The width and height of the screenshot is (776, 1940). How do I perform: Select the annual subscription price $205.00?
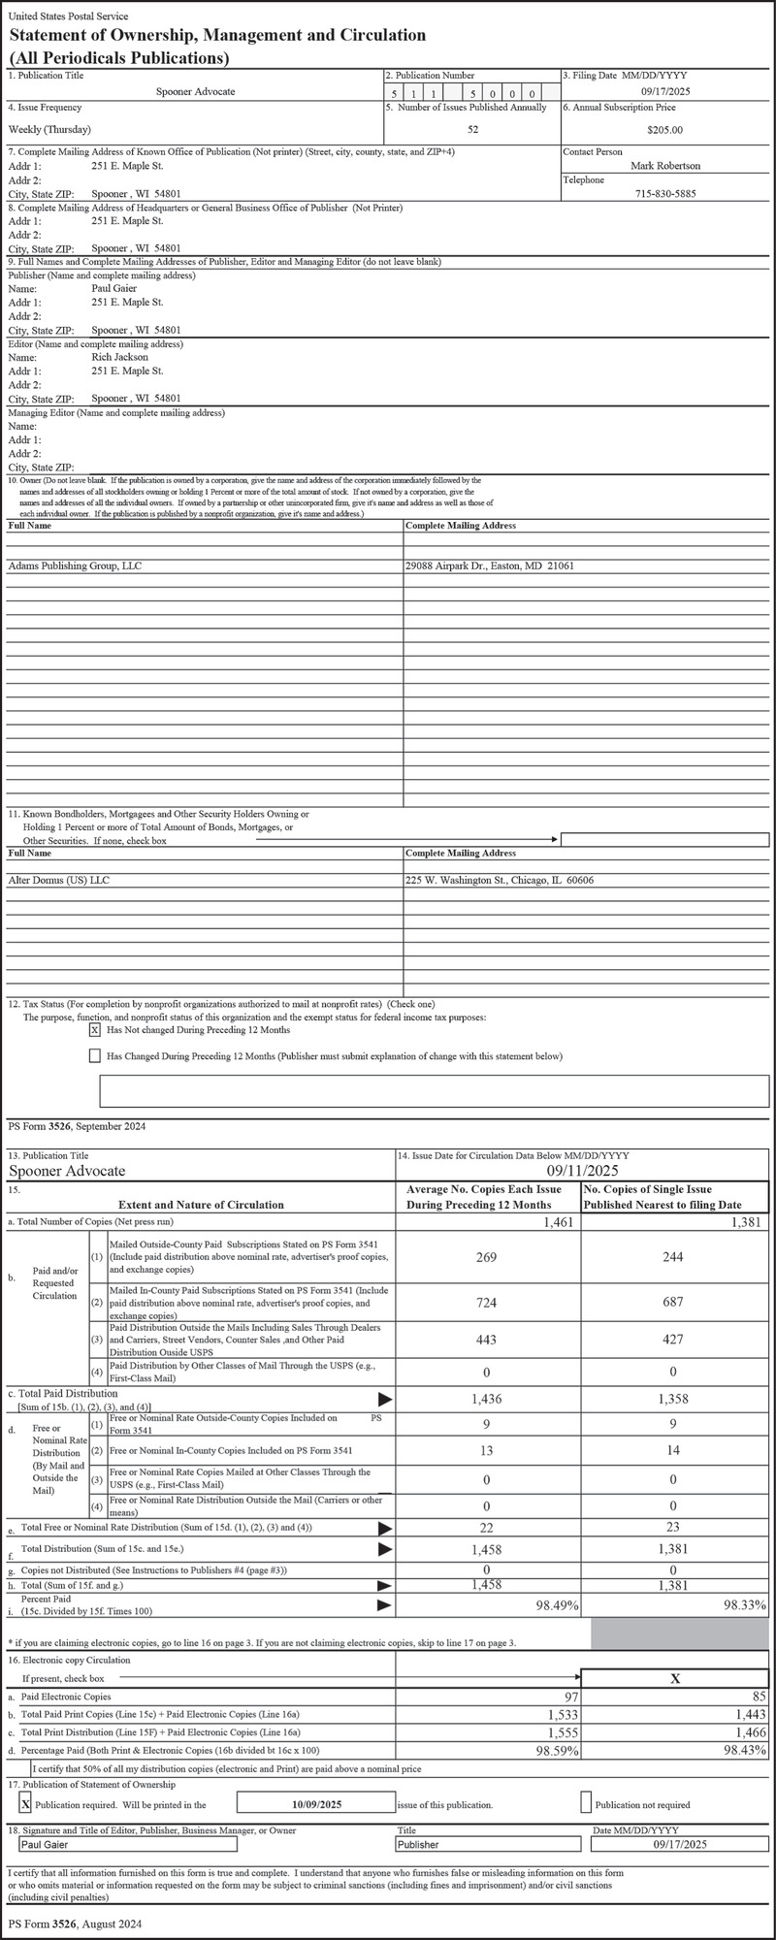click(x=664, y=129)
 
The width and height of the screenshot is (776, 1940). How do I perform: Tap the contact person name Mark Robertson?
click(x=665, y=166)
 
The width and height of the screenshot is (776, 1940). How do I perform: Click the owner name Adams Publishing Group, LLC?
click(x=75, y=566)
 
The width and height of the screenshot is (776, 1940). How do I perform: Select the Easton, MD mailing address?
click(x=489, y=566)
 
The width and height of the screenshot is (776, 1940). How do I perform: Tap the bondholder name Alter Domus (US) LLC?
click(x=62, y=881)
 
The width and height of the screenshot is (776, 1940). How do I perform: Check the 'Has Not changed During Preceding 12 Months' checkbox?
click(x=95, y=1030)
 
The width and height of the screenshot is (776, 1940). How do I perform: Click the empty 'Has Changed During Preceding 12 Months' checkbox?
click(x=95, y=1055)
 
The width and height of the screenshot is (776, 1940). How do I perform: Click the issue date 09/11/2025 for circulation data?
click(x=583, y=1171)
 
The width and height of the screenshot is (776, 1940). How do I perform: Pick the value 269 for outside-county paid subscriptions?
click(x=487, y=1257)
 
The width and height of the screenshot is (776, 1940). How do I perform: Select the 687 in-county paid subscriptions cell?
click(x=674, y=1302)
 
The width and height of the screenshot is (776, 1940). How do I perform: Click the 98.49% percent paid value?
click(x=557, y=1605)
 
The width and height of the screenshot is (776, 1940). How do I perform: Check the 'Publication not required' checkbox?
click(x=586, y=1803)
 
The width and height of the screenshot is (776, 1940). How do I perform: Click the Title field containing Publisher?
click(x=490, y=1844)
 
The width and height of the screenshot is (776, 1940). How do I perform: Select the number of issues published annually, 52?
click(x=472, y=129)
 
